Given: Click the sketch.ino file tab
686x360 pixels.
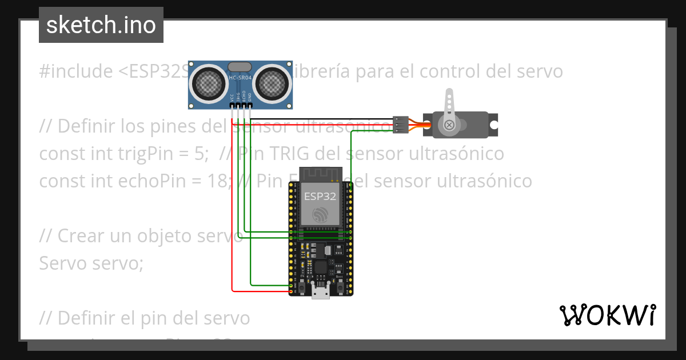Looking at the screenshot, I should (x=101, y=25).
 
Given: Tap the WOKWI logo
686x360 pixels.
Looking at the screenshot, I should (x=607, y=315).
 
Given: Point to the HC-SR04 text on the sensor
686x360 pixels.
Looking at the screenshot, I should (x=240, y=77).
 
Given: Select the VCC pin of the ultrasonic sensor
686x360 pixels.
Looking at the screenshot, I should (x=232, y=106).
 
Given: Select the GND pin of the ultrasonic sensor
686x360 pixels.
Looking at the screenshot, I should (x=250, y=106).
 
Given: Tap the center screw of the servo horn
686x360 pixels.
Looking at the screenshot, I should (x=449, y=125).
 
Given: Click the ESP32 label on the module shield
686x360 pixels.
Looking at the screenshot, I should (x=320, y=197).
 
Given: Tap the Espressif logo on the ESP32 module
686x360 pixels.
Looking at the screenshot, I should (x=320, y=215).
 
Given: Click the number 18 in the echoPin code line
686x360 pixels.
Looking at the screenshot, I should (x=218, y=181).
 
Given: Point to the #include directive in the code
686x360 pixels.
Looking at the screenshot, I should (x=76, y=71).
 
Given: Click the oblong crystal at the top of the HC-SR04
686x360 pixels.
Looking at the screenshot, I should (x=240, y=67).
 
